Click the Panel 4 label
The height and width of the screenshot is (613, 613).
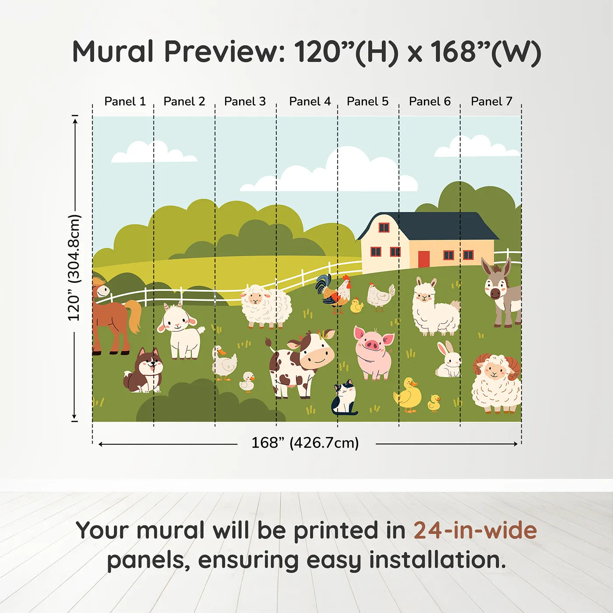[310, 102]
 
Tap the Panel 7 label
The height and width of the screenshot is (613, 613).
[491, 102]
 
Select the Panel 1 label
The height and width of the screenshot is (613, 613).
[125, 102]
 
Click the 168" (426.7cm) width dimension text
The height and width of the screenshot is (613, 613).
[305, 443]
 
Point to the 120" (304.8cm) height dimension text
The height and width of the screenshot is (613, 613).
[74, 268]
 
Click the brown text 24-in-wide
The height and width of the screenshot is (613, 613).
[475, 530]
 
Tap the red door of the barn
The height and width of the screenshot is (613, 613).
[424, 259]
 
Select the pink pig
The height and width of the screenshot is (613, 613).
[373, 352]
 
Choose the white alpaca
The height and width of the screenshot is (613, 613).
[434, 308]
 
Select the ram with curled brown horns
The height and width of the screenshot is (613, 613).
[496, 383]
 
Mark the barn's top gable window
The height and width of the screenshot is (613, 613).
[384, 227]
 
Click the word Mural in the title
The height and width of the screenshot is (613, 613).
[113, 52]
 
